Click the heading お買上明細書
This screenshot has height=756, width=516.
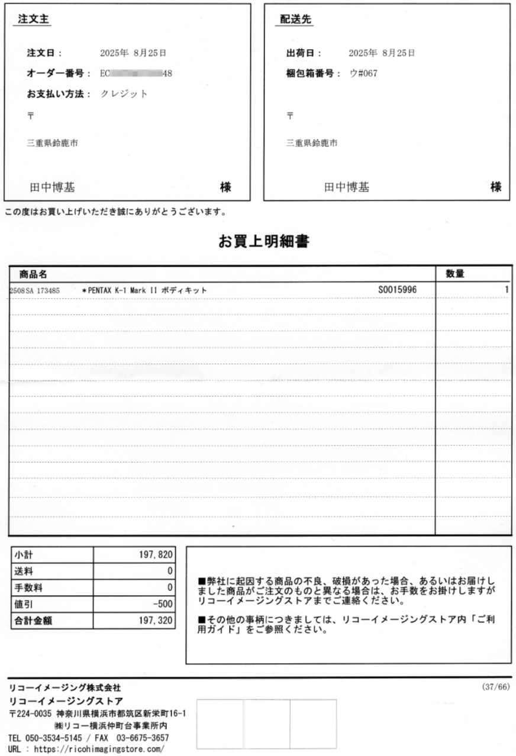pyautogui.click(x=263, y=241)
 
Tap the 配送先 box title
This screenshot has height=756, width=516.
pyautogui.click(x=295, y=20)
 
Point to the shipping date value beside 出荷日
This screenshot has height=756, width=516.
pyautogui.click(x=382, y=53)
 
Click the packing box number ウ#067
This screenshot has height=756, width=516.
pyautogui.click(x=363, y=73)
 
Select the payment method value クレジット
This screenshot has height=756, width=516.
pyautogui.click(x=124, y=93)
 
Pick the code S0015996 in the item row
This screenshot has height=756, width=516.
pyautogui.click(x=397, y=290)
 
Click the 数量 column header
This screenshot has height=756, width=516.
pyautogui.click(x=454, y=274)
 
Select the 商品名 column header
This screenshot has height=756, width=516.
pyautogui.click(x=33, y=274)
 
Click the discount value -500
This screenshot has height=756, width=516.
pyautogui.click(x=162, y=605)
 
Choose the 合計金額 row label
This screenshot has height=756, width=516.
pyautogui.click(x=34, y=622)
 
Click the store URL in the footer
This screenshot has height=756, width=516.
pyautogui.click(x=101, y=749)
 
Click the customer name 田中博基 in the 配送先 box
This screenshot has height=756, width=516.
pyautogui.click(x=346, y=188)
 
